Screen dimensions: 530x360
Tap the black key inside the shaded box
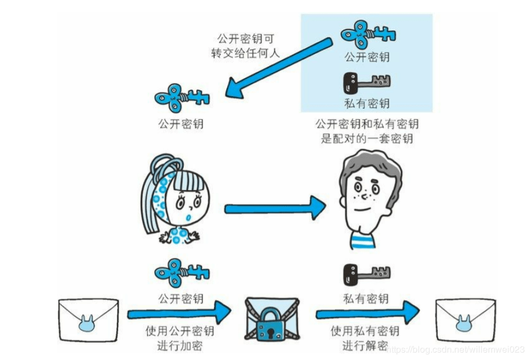point(366,83)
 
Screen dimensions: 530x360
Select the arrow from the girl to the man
point(275,208)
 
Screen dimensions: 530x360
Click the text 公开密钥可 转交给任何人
point(245,46)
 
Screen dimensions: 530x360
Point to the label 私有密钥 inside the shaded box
point(367,103)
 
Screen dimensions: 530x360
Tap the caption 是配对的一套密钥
point(367,139)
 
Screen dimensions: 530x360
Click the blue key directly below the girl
point(182,273)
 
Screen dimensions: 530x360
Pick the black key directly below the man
point(366,274)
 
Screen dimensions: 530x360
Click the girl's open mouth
point(189,217)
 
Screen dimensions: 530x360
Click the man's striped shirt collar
point(363,240)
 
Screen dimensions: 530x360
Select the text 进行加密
point(180,346)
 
